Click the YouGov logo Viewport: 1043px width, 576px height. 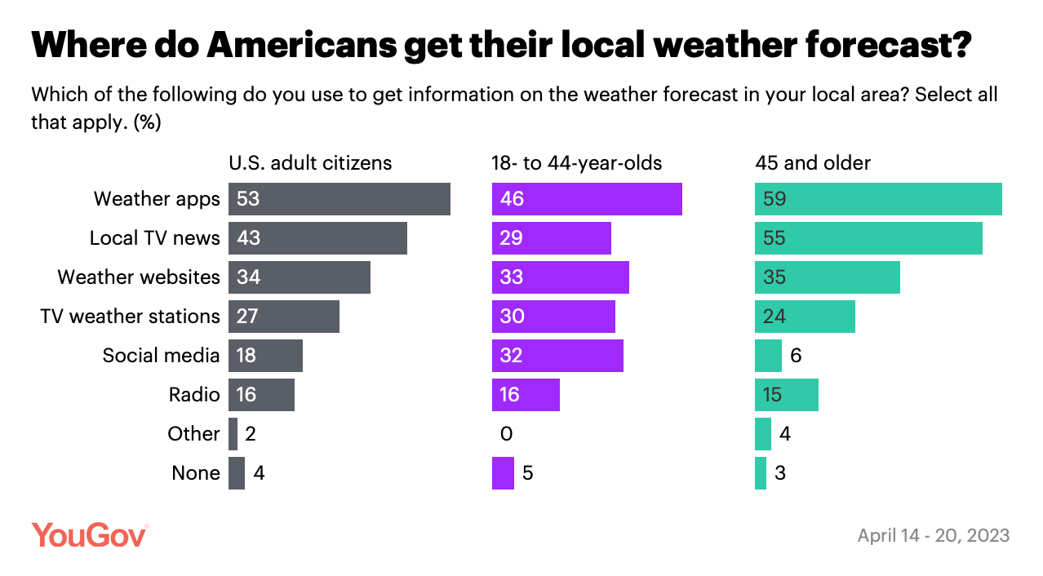tap(90, 535)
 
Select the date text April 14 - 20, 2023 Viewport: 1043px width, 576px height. tap(933, 535)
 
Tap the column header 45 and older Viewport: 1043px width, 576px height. tap(812, 163)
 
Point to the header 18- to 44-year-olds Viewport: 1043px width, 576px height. tap(576, 163)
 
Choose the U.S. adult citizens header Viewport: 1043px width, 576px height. tap(310, 163)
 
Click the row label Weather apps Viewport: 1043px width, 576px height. tap(157, 199)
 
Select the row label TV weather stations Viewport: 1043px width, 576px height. tap(130, 317)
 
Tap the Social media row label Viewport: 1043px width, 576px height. tap(161, 356)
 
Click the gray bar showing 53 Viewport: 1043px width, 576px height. tap(339, 199)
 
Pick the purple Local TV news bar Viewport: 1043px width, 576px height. tap(551, 238)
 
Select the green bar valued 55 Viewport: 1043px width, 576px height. tap(868, 238)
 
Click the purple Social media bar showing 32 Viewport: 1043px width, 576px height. tap(557, 356)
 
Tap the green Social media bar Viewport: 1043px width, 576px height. tap(768, 356)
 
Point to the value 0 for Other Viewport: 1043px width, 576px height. tap(506, 434)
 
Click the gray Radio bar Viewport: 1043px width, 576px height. tap(261, 395)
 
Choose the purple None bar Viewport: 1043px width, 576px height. tap(503, 473)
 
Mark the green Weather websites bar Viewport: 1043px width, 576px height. tap(827, 277)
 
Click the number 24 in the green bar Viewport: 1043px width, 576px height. tap(774, 317)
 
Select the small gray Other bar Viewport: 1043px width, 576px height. tap(233, 434)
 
